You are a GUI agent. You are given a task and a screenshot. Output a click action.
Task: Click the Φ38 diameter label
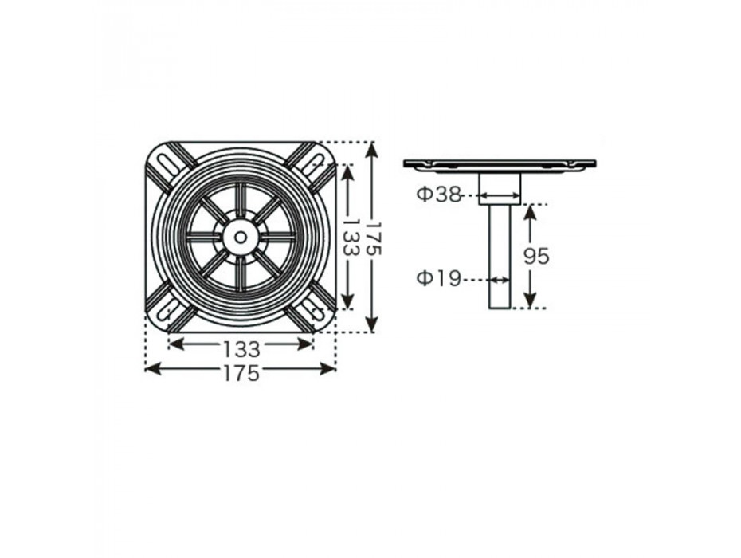pos(438,195)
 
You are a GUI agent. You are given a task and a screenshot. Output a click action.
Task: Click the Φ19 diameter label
pos(438,279)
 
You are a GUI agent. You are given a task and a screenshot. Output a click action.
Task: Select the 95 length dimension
pos(536,257)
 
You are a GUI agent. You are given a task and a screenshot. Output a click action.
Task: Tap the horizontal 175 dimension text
pos(241,373)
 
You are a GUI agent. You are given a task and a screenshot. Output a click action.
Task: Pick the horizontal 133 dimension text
pos(241,349)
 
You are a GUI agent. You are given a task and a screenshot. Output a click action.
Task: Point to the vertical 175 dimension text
pos(373,237)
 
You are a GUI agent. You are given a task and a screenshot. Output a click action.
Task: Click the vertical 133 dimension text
pos(349,237)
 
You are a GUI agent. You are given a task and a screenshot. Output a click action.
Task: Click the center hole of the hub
pos(241,237)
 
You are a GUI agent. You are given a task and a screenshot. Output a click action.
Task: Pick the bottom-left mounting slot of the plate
pos(166,312)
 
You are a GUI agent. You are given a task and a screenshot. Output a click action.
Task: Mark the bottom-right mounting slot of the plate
pos(312,311)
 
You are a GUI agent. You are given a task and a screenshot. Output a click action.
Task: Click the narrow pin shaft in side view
pos(500,257)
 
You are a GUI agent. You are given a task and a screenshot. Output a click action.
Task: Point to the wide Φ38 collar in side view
pos(500,188)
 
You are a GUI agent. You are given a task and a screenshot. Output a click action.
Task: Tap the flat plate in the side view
pos(500,164)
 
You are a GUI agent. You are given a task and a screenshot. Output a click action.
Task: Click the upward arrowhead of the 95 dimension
pos(530,214)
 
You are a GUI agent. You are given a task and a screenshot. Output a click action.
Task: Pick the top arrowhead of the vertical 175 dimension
pos(373,151)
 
